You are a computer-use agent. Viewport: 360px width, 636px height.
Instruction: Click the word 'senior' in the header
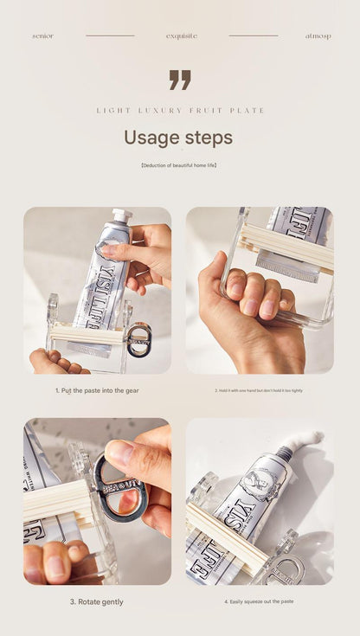click(x=42, y=36)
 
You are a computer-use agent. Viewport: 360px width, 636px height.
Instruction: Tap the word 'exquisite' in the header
click(x=182, y=36)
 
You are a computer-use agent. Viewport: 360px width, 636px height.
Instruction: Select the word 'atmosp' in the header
click(x=318, y=36)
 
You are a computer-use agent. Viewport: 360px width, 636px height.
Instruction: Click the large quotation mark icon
click(x=180, y=80)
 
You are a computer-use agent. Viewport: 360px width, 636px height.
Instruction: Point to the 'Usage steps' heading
click(x=178, y=138)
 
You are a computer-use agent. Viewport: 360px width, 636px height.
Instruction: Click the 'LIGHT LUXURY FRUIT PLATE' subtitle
click(x=180, y=111)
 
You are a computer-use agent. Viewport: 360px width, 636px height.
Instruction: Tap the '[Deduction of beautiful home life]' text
click(x=179, y=164)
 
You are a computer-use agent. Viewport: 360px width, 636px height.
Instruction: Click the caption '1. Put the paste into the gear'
click(x=97, y=390)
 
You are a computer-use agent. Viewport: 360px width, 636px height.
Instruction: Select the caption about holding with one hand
click(x=259, y=390)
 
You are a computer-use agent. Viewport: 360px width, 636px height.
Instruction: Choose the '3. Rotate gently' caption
click(x=96, y=601)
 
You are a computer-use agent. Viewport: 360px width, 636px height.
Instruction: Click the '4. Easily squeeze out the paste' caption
click(x=259, y=601)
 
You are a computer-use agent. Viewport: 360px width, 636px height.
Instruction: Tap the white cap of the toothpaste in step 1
click(x=122, y=215)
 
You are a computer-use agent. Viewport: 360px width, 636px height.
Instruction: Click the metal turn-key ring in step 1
click(x=138, y=339)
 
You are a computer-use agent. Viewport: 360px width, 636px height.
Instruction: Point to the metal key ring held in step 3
click(x=119, y=489)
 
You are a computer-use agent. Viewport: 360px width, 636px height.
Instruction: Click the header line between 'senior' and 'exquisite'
click(x=110, y=36)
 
